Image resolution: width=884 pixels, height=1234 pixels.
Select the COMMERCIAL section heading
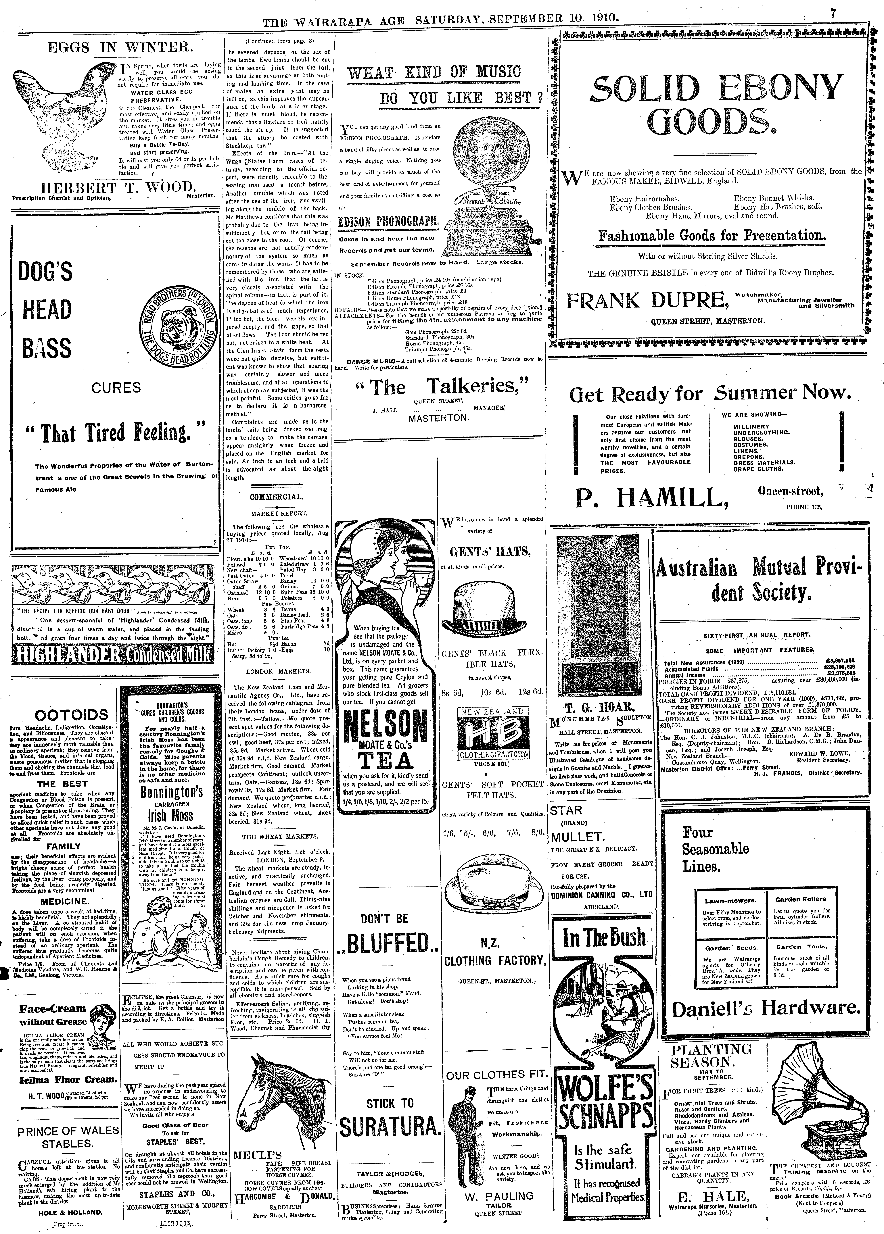(277, 497)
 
